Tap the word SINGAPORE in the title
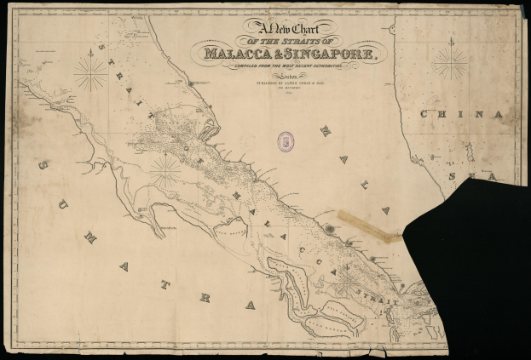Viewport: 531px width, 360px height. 333,55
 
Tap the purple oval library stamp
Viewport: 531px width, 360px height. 286,141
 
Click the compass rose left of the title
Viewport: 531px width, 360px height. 89,71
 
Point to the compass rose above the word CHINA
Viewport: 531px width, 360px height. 451,62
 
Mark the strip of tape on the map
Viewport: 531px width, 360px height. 368,226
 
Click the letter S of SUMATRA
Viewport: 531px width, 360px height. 42,164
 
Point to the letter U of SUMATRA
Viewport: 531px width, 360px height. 63,203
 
